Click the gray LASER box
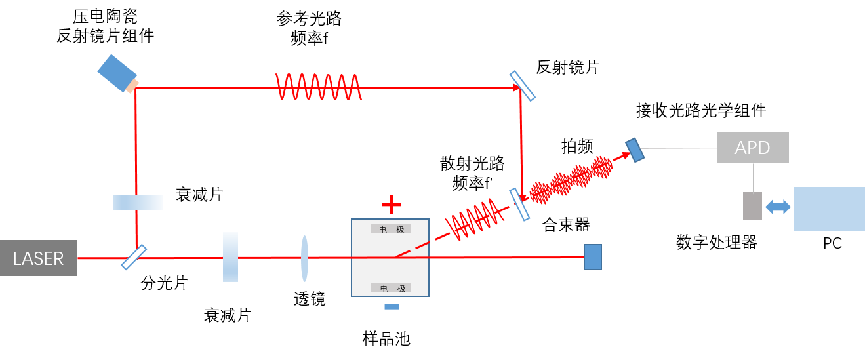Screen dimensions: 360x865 click(38, 258)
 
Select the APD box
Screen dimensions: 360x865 click(752, 148)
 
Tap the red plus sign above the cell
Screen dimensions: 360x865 click(392, 205)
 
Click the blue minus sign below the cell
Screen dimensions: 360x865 click(392, 306)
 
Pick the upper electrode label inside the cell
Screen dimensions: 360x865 click(391, 229)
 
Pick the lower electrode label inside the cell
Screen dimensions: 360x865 click(391, 288)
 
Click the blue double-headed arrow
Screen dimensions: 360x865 click(778, 207)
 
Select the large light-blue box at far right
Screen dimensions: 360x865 click(829, 209)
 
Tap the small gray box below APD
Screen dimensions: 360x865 click(752, 206)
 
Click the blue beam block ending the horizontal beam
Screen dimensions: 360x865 click(592, 257)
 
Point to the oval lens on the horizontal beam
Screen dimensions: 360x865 click(304, 258)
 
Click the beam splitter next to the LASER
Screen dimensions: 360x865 click(134, 257)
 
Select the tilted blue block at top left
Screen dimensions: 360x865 click(117, 71)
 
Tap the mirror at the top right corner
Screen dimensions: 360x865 click(523, 85)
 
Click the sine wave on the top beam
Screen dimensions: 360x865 click(318, 87)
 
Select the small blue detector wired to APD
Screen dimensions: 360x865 click(634, 150)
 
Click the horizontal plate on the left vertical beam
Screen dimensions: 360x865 click(138, 203)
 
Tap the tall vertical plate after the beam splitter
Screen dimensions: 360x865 click(230, 257)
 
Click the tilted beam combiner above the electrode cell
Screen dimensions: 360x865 click(519, 204)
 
